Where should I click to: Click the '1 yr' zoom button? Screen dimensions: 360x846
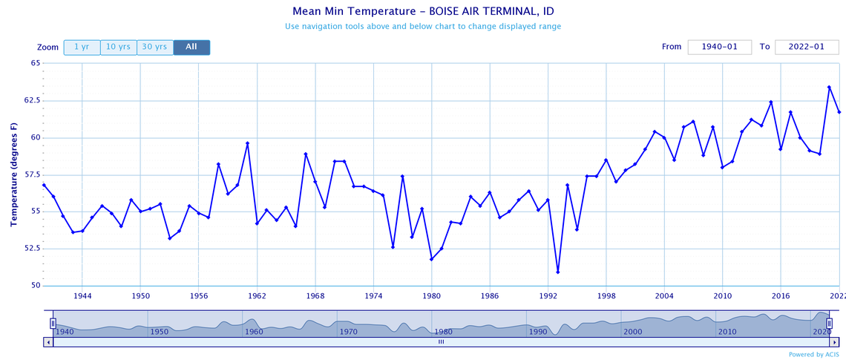point(82,47)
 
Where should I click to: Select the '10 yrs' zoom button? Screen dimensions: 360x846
point(118,47)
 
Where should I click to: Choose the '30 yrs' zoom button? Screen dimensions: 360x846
point(154,47)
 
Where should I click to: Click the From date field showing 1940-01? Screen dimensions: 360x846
point(719,47)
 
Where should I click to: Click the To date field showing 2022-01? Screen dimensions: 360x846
point(806,47)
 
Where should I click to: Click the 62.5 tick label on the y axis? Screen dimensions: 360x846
point(30,100)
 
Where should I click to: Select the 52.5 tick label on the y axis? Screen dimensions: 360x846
point(30,249)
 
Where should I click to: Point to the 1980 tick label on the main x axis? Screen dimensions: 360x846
point(431,295)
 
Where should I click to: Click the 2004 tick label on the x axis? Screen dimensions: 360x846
point(664,295)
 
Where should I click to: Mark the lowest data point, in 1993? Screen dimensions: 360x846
point(557,272)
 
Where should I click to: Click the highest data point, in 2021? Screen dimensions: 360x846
point(829,87)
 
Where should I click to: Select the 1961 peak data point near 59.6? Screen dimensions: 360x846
point(247,143)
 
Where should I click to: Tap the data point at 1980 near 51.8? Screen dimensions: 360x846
point(431,258)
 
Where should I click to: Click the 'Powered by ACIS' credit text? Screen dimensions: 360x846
point(816,354)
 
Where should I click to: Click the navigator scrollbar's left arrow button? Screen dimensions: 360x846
point(49,342)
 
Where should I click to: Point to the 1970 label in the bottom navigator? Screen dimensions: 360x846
point(348,331)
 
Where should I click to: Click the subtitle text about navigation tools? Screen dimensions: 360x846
point(422,27)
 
